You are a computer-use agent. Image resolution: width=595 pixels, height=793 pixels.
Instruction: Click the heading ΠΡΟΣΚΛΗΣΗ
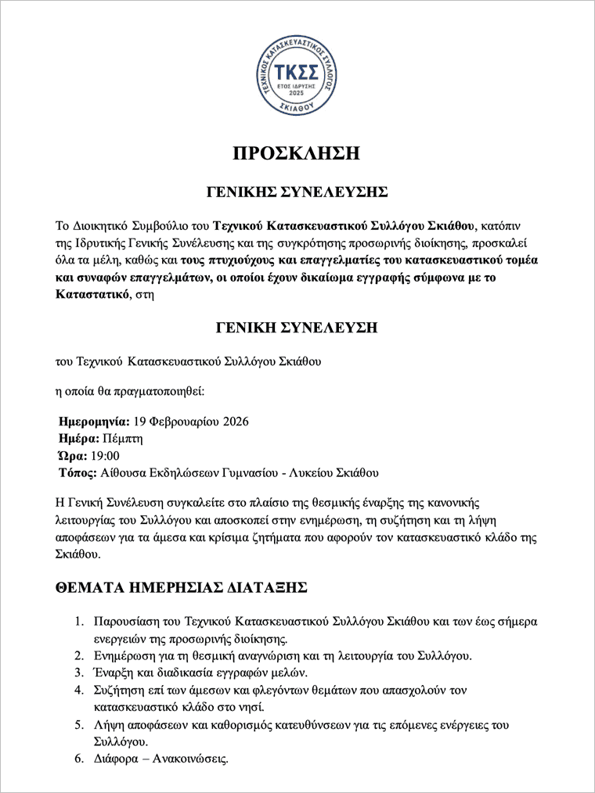pos(297,153)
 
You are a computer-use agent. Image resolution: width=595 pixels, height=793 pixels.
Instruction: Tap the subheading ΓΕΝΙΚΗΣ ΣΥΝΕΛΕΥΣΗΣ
pos(297,191)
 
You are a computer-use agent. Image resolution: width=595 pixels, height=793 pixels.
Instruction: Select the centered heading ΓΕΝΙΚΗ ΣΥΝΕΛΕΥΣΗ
pos(297,328)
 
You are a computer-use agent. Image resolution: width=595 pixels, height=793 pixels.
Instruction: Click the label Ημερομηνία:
pos(94,422)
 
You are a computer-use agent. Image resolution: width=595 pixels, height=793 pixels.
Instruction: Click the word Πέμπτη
pos(117,439)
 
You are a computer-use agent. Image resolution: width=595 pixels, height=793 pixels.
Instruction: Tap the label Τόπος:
pos(78,473)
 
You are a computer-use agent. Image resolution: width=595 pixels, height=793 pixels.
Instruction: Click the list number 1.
pos(79,622)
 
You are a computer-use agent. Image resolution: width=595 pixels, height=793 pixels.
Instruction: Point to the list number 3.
pos(79,673)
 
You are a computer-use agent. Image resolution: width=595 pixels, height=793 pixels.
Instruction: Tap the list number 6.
pos(79,759)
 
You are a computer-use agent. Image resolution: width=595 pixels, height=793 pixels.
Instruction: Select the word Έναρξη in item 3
pos(113,673)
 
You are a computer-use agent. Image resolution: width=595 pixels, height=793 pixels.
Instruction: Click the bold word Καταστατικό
pos(89,296)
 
